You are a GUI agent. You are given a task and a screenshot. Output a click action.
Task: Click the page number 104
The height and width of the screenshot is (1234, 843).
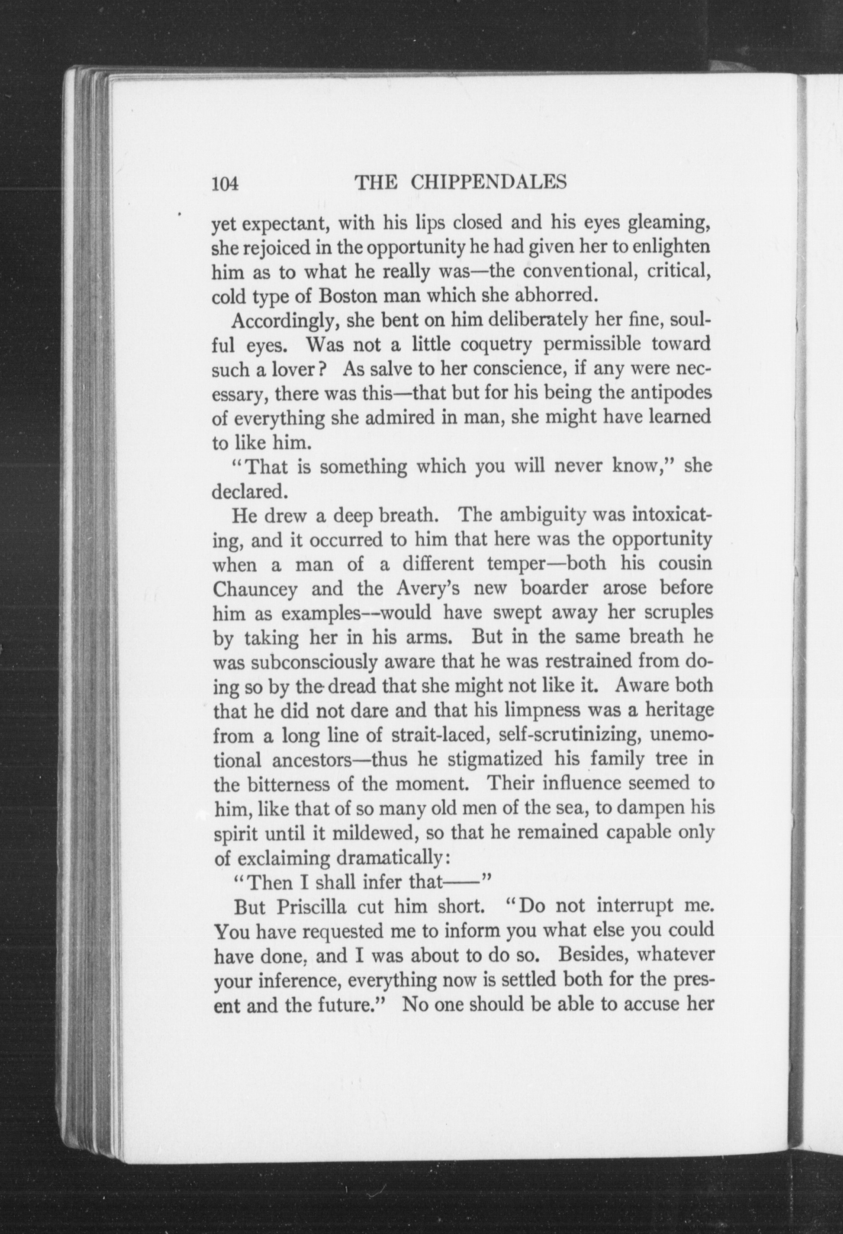point(226,184)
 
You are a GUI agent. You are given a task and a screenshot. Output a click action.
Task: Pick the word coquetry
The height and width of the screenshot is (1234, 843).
point(496,346)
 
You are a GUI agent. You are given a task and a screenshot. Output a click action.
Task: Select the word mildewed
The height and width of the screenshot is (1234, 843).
point(375,832)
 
